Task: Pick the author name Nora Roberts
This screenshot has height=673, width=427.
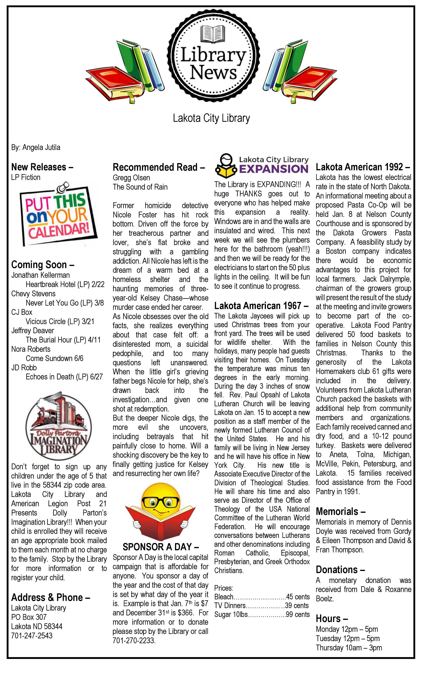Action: pyautogui.click(x=31, y=349)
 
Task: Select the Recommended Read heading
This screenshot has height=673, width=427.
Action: pyautogui.click(x=159, y=167)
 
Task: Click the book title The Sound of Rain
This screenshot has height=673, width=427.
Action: pyautogui.click(x=140, y=187)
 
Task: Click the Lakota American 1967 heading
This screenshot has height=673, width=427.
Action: pyautogui.click(x=261, y=306)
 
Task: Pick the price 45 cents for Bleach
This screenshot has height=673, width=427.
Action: pyautogui.click(x=298, y=597)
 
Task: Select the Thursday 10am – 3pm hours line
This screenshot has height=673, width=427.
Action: pyautogui.click(x=349, y=647)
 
